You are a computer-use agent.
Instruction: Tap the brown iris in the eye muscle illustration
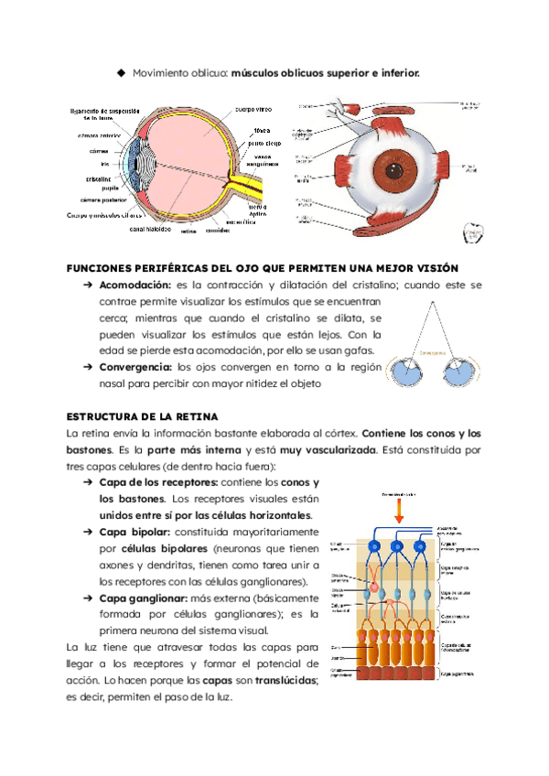point(395,170)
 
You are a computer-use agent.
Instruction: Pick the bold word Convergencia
point(137,367)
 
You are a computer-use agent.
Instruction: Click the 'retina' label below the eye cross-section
point(188,232)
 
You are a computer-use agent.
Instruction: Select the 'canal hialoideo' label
point(149,229)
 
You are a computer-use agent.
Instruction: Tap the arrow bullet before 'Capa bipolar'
point(89,532)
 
